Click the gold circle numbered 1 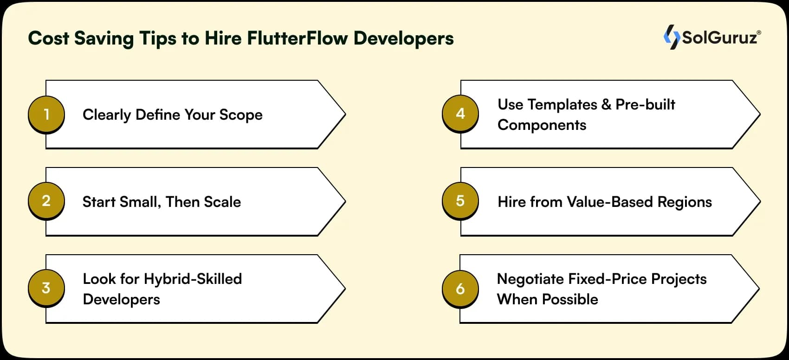46,114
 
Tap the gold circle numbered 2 46,201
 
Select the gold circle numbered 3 46,288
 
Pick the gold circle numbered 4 460,114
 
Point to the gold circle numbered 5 460,201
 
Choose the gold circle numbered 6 460,289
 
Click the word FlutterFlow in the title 297,38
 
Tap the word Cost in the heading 48,38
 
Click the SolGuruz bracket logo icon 671,37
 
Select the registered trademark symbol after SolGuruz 759,32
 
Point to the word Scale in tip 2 222,202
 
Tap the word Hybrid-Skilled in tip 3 193,279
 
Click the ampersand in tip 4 606,104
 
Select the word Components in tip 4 542,125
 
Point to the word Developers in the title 403,38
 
